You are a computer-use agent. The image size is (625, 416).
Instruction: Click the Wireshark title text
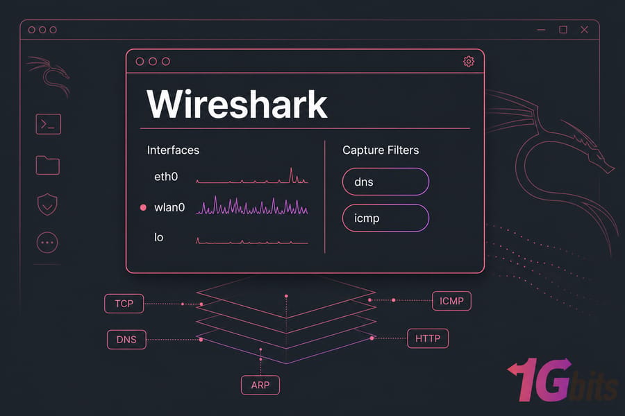tap(237, 104)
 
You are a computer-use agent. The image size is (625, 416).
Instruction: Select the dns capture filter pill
tap(385, 182)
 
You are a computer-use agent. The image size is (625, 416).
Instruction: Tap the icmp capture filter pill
tap(385, 218)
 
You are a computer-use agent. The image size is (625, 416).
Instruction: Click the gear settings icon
tap(469, 61)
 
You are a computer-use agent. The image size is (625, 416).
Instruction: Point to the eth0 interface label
tap(166, 176)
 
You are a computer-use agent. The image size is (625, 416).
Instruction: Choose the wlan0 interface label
tap(169, 207)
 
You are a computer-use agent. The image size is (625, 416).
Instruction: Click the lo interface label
tap(158, 237)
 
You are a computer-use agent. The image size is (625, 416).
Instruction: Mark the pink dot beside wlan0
tap(143, 207)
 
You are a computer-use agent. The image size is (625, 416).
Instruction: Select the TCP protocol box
tap(124, 304)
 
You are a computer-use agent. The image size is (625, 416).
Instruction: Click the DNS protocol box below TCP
tap(126, 340)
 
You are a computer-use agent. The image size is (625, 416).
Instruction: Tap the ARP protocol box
tap(260, 385)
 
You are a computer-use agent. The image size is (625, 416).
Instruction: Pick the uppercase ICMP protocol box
tap(451, 301)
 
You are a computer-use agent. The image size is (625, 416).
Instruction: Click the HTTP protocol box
tap(428, 338)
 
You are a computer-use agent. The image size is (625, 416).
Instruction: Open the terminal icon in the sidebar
tap(48, 124)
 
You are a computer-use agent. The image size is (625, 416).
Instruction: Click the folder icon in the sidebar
tap(48, 165)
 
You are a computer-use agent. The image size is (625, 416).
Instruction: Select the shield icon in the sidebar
tap(47, 205)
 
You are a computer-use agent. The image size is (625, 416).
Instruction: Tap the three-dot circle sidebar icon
tap(47, 243)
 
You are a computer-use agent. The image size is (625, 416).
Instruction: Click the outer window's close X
tap(584, 30)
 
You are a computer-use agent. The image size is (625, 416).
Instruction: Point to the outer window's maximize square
tap(563, 30)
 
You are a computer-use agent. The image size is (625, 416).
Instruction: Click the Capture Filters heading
tap(381, 150)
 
